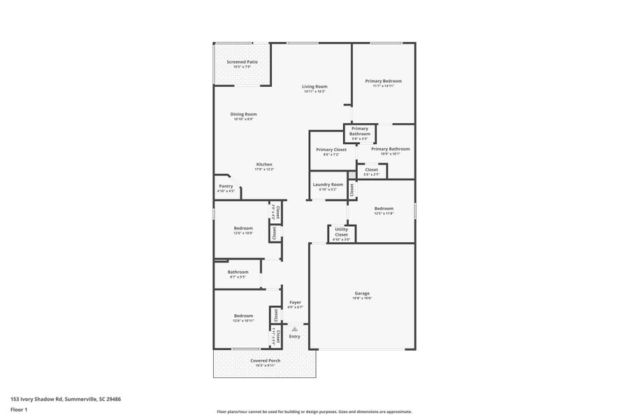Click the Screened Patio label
(x=242, y=62)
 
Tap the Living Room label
(x=314, y=86)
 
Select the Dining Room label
(x=244, y=114)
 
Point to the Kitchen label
(x=264, y=164)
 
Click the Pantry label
(x=226, y=185)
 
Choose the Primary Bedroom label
(x=383, y=80)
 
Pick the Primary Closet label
(x=331, y=149)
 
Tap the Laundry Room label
(x=328, y=184)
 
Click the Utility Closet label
(x=342, y=232)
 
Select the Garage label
(x=362, y=293)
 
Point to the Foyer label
(x=295, y=302)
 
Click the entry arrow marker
(x=295, y=328)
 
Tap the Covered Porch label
(x=265, y=360)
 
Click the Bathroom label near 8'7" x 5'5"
(x=238, y=272)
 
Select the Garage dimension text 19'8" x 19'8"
(x=362, y=298)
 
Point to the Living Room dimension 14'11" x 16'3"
(x=314, y=92)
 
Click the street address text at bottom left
(x=66, y=398)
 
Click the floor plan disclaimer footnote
(x=314, y=412)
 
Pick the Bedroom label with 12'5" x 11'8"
(x=384, y=208)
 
